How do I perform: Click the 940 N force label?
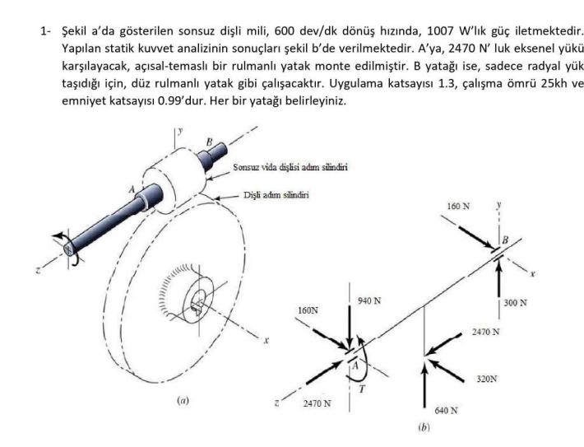click(x=370, y=300)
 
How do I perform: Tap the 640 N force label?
click(x=446, y=409)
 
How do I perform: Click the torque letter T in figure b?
click(x=360, y=389)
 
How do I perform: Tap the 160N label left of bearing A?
click(x=308, y=312)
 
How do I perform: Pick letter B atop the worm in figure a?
click(x=210, y=142)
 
